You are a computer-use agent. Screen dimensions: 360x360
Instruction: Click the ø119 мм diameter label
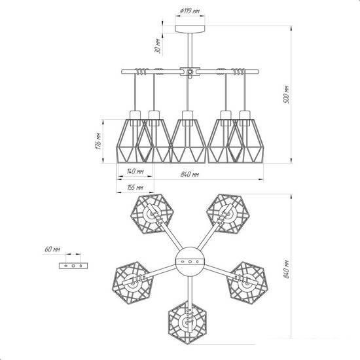(x=190, y=10)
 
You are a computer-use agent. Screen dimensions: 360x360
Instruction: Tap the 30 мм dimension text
(x=158, y=46)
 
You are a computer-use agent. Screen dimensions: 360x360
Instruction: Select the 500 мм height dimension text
(x=287, y=94)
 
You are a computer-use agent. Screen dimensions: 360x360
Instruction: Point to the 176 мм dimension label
(x=98, y=141)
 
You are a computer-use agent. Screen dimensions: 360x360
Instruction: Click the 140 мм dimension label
(x=135, y=171)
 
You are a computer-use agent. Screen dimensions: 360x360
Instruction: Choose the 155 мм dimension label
(x=135, y=187)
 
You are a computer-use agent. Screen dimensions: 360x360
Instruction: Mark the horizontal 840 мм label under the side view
(x=189, y=175)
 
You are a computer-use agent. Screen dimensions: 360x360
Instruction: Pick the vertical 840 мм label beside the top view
(x=287, y=269)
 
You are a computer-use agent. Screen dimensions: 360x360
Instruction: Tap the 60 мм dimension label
(x=52, y=249)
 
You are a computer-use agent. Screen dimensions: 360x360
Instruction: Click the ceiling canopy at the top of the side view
(x=190, y=29)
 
